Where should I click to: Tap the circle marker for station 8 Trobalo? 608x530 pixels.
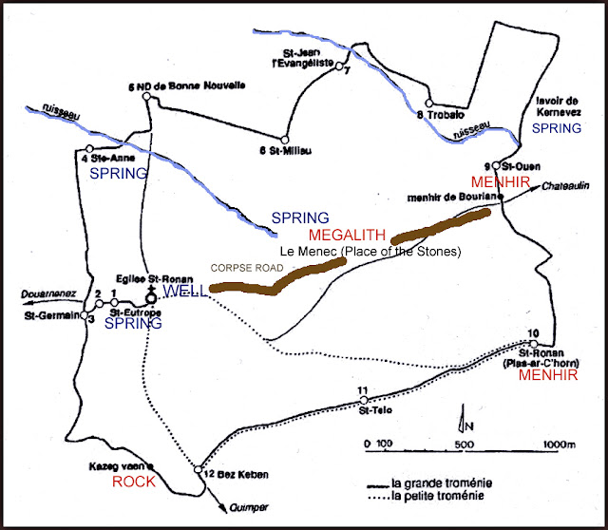click(x=428, y=104)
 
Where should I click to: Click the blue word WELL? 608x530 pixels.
click(x=180, y=290)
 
